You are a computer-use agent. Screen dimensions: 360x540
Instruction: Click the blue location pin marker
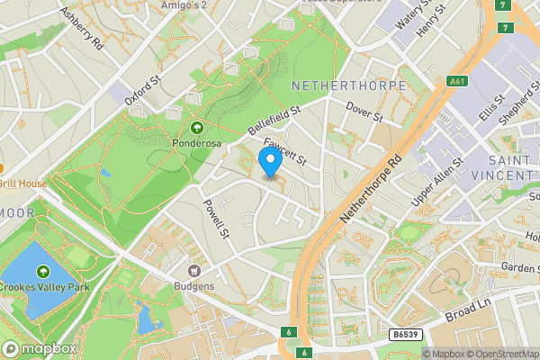(269, 163)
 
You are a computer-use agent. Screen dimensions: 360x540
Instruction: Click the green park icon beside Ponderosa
(196, 128)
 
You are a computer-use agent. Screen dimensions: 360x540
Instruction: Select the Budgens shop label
(194, 285)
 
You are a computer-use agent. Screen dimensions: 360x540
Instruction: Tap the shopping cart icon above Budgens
(194, 270)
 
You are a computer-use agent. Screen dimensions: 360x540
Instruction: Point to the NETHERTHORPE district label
(349, 85)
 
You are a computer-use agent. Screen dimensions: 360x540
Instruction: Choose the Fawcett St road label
(286, 151)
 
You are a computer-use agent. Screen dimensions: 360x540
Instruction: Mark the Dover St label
(364, 112)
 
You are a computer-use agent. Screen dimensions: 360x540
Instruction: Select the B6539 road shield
(405, 335)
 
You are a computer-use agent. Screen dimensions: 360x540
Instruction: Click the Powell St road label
(218, 219)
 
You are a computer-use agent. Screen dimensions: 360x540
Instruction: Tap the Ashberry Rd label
(81, 28)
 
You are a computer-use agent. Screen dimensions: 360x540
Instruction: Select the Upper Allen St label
(436, 183)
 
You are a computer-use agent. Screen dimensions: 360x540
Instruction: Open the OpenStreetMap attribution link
(496, 354)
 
